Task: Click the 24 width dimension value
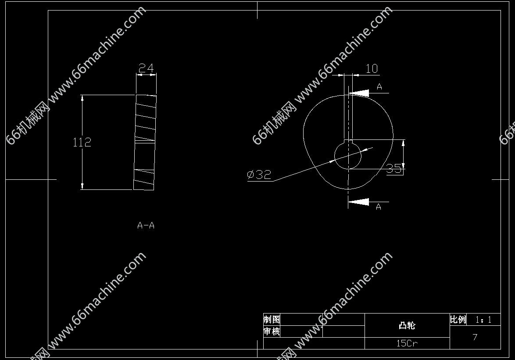146,68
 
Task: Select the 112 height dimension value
82,142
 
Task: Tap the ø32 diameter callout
259,174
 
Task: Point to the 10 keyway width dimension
372,68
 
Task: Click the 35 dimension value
394,168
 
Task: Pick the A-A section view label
146,225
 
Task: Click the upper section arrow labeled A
359,93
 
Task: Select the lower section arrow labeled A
359,202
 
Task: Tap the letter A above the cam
379,87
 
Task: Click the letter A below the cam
379,207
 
